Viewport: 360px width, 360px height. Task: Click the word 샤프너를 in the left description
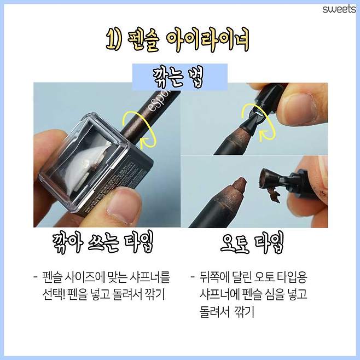coord(151,277)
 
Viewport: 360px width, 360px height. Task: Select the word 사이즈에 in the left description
coord(94,277)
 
